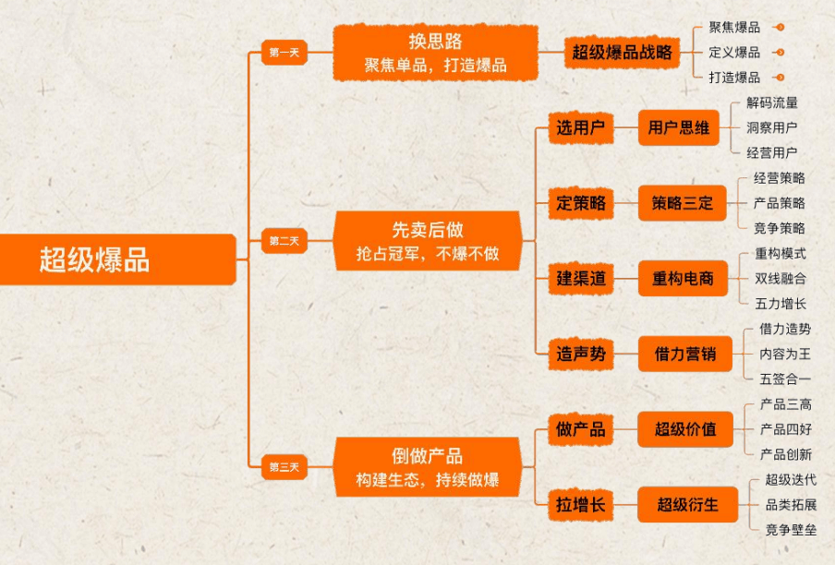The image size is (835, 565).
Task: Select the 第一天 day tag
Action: coord(283,53)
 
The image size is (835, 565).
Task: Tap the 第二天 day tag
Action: coord(284,241)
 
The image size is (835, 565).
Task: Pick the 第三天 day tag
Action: coord(284,467)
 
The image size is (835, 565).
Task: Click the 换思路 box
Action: coord(435,53)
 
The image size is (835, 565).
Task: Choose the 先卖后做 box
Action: coord(428,241)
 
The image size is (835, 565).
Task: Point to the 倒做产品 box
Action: coord(427,467)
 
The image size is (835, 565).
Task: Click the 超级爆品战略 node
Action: coord(622,53)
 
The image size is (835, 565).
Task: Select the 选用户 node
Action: coord(580,127)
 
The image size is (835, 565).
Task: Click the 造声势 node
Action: coord(581,353)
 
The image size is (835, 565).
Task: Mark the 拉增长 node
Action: coord(580,505)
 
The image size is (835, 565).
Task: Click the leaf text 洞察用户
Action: coord(772,127)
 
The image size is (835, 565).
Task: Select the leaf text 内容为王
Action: coord(784,353)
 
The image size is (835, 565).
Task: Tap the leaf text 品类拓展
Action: coord(791,505)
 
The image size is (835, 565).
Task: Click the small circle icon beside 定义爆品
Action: coord(781,53)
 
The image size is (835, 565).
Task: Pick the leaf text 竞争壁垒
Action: coord(791,530)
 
